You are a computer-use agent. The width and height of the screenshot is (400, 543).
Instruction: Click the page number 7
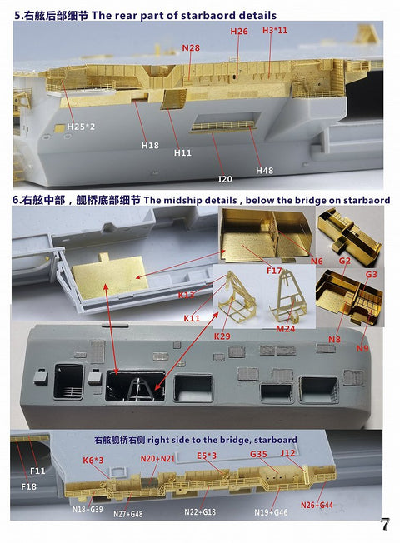coord(384,525)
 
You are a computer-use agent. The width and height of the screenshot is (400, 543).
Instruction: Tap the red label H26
coord(238,32)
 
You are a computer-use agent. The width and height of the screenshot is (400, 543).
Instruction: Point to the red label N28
coord(191,48)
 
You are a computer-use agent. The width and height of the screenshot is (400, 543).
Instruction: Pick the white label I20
coord(224,178)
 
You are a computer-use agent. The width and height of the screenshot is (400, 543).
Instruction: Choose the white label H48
coord(264,170)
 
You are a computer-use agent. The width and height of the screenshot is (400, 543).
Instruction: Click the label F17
coord(274,270)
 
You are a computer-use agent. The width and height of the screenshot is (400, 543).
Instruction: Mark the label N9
coord(362,349)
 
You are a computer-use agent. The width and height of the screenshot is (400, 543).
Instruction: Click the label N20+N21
coord(157,458)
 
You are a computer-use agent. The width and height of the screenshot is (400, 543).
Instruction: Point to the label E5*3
coord(207,456)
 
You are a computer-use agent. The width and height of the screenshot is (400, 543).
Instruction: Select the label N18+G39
coord(87,508)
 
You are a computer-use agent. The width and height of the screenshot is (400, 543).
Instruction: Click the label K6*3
coord(93,460)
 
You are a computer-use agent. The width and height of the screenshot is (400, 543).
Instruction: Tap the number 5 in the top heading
coord(14,16)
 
